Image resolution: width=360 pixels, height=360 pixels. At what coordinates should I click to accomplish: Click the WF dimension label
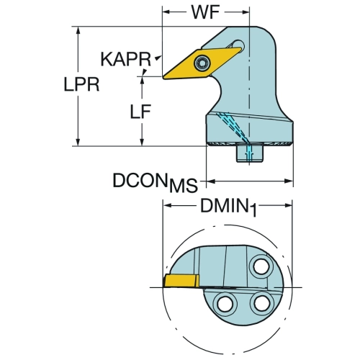205,12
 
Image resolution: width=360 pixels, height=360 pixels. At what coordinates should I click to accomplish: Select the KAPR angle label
126,59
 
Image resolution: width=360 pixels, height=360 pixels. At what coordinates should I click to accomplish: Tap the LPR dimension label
81,84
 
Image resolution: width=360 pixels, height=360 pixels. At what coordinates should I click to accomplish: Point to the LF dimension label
140,112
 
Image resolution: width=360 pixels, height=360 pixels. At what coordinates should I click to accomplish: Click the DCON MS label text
155,182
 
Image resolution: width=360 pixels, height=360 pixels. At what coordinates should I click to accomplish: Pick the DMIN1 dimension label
228,207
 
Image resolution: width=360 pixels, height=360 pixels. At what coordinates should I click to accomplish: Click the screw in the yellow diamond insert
202,63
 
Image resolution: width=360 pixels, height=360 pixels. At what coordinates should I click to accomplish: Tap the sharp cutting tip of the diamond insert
163,77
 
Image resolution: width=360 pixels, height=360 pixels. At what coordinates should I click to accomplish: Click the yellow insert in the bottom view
181,281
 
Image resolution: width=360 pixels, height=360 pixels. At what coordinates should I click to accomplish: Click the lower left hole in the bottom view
225,304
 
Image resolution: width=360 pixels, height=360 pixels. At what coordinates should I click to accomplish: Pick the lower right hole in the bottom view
262,303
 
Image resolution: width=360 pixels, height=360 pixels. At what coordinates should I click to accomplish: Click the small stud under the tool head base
250,153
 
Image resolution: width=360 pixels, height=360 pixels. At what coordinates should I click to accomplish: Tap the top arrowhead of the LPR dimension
78,32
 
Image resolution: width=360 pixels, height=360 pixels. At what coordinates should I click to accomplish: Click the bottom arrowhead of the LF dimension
142,141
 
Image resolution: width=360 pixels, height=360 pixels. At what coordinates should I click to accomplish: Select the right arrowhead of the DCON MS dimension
289,181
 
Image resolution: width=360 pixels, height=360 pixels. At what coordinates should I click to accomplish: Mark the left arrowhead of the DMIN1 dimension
168,205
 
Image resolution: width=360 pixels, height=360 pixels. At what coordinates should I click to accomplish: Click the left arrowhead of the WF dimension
167,12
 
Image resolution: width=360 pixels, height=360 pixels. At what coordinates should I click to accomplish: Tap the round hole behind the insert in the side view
238,45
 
